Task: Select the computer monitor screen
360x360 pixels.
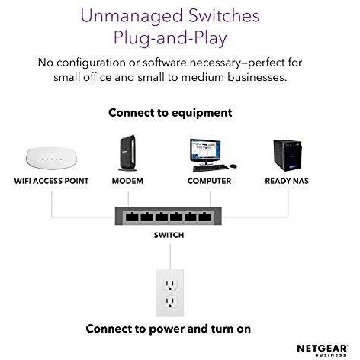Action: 204,149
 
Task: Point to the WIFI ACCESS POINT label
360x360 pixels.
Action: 51,182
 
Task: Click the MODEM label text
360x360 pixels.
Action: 127,182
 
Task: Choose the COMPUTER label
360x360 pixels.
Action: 209,182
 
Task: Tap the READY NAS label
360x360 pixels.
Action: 287,182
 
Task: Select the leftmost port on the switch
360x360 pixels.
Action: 131,217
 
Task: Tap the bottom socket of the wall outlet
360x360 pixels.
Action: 171,303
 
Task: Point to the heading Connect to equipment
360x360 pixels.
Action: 170,113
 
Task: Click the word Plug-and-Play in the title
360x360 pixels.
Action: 169,37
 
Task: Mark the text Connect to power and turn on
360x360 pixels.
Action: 168,329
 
